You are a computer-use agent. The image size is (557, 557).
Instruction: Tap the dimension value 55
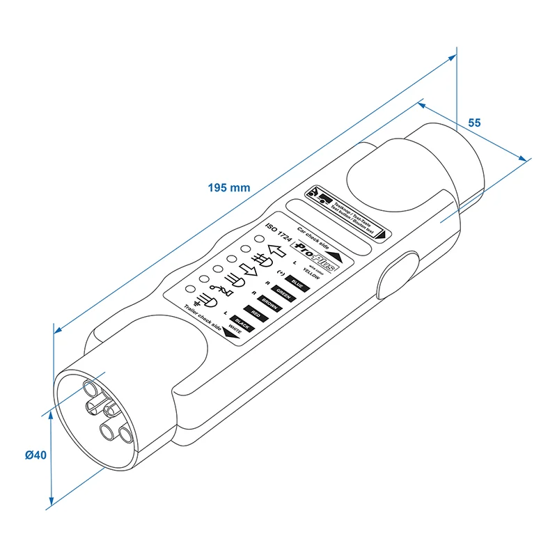point(474,123)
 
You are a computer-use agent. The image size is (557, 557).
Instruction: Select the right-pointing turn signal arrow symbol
point(250,268)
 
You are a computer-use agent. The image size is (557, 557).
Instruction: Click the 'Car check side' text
point(311,235)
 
